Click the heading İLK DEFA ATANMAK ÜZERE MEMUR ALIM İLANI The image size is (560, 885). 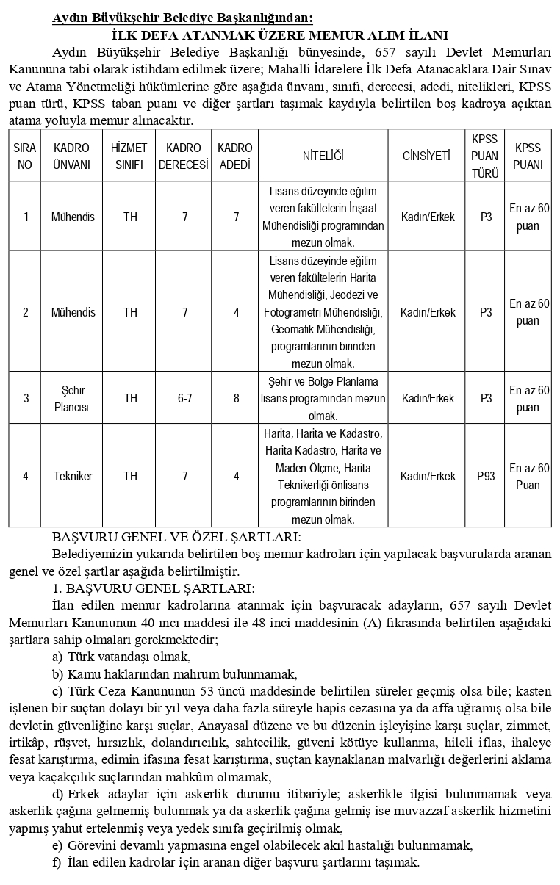tap(279, 35)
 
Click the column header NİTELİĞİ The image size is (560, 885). tap(323, 156)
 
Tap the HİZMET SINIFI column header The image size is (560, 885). tap(129, 156)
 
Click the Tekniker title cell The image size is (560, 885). tap(73, 476)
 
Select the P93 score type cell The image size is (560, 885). tap(486, 476)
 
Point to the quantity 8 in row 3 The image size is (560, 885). tap(236, 398)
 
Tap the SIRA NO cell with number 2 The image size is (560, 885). tap(26, 312)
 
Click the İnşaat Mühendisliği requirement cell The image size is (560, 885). tap(323, 217)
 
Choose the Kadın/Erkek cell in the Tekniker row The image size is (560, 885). tap(427, 476)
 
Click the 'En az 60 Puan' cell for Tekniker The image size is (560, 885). tap(528, 476)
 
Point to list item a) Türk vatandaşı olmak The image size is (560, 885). tap(121, 657)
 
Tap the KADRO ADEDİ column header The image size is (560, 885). tap(236, 156)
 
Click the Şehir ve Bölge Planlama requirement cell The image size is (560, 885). tap(323, 398)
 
